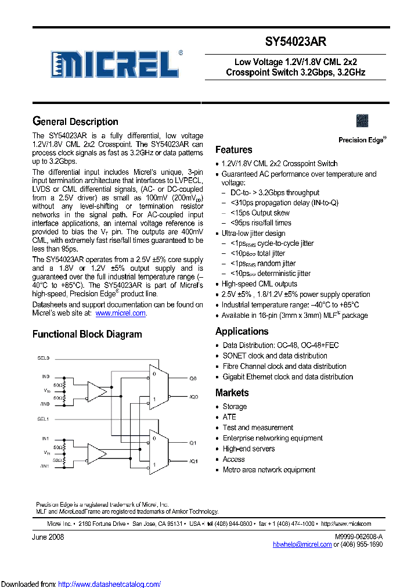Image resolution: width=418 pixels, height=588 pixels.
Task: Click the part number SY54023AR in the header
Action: point(296,42)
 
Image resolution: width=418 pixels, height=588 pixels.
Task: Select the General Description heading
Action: point(75,121)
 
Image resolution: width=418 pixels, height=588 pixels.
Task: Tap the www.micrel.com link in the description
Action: point(120,313)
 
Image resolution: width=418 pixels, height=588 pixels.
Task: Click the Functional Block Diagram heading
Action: point(87,334)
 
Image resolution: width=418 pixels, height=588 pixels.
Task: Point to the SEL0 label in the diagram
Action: point(44,358)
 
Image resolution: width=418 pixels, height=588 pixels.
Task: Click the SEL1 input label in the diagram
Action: point(44,419)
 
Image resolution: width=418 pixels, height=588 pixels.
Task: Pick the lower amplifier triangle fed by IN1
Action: point(98,453)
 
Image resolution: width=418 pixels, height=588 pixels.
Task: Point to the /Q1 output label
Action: point(193,461)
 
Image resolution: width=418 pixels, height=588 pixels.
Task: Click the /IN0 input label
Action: point(45,404)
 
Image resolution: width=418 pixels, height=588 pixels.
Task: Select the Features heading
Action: point(233,150)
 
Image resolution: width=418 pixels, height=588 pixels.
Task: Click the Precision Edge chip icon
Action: point(362,121)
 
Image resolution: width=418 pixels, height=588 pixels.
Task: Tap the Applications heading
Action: point(242,331)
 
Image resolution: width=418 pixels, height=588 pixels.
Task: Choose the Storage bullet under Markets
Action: point(235,407)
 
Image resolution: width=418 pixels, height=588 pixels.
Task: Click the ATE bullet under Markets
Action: point(229,417)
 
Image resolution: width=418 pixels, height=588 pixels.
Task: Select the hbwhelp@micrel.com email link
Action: point(302,544)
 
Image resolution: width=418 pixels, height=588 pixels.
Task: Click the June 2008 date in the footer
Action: point(48,537)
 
